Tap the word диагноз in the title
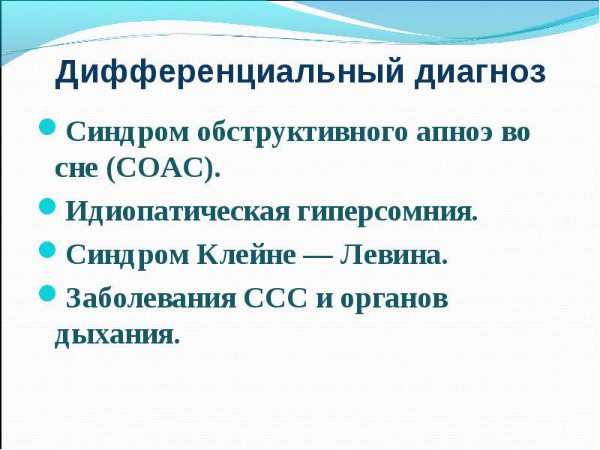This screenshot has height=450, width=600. [x=481, y=73]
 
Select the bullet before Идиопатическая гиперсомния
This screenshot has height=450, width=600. [x=47, y=206]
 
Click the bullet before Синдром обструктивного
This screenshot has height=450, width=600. [x=47, y=127]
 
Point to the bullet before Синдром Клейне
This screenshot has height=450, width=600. [x=47, y=250]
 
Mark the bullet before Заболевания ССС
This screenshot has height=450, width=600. [x=47, y=293]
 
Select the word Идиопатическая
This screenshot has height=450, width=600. [x=178, y=211]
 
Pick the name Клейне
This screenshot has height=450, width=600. [x=247, y=254]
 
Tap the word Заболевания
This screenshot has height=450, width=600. [x=151, y=298]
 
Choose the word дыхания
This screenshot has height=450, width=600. [x=117, y=336]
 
